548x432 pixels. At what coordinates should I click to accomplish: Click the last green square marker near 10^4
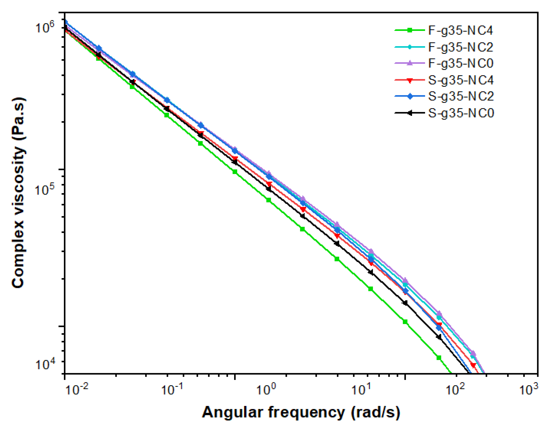[x=439, y=358]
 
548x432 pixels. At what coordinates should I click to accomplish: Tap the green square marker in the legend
[x=409, y=30]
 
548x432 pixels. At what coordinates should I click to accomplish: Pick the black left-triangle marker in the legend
[x=409, y=113]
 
